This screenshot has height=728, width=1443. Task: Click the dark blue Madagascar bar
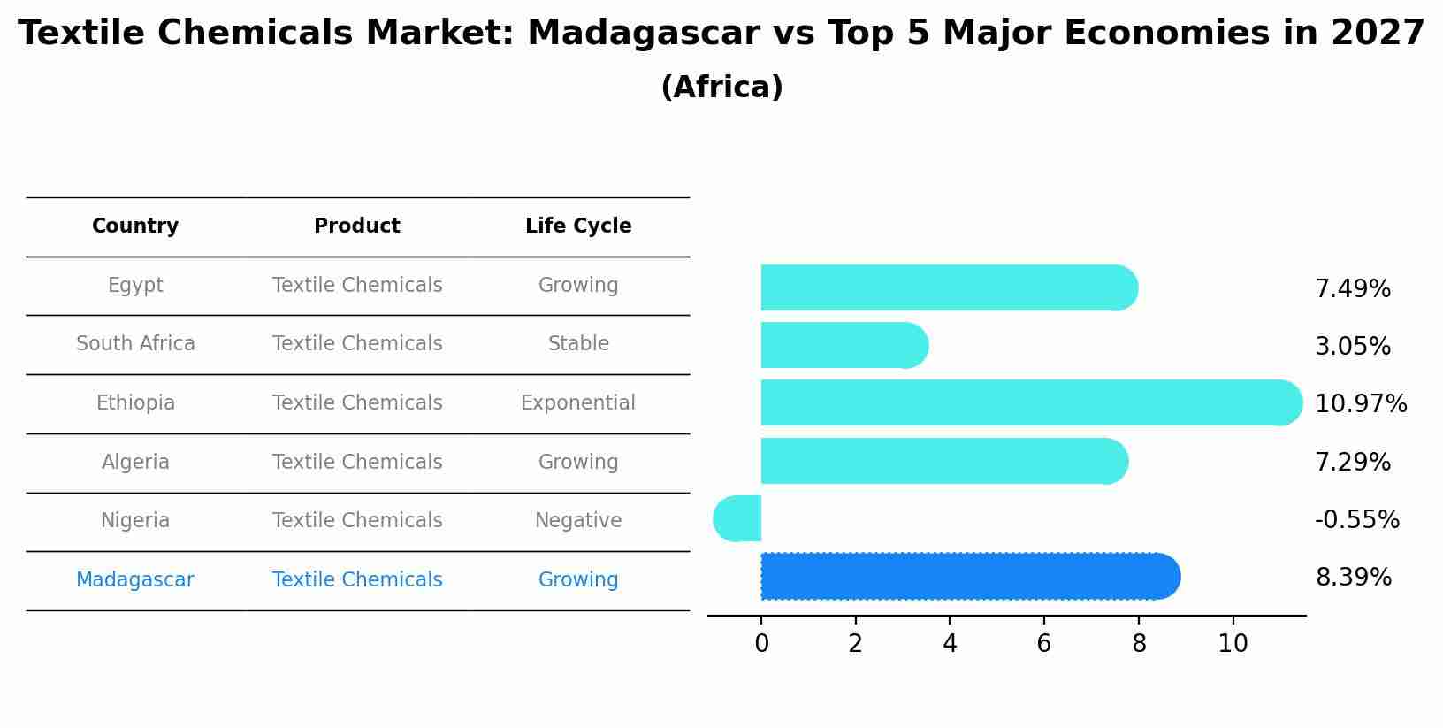pyautogui.click(x=968, y=577)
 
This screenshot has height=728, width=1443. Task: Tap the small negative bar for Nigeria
pyautogui.click(x=738, y=518)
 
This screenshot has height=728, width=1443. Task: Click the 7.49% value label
pyautogui.click(x=1352, y=289)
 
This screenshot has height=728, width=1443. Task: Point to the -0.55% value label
pyautogui.click(x=1356, y=520)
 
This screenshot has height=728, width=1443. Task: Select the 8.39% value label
pyautogui.click(x=1353, y=578)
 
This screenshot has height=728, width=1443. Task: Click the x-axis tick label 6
pyautogui.click(x=1044, y=644)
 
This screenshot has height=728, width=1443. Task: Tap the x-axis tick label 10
pyautogui.click(x=1233, y=644)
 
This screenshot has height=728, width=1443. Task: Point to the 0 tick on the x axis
pyautogui.click(x=761, y=644)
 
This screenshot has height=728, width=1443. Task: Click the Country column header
pyautogui.click(x=135, y=226)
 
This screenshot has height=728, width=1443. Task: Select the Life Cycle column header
pyautogui.click(x=578, y=226)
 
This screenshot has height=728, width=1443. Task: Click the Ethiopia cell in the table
pyautogui.click(x=135, y=403)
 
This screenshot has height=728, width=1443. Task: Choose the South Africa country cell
pyautogui.click(x=135, y=344)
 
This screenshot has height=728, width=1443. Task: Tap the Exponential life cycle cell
pyautogui.click(x=578, y=403)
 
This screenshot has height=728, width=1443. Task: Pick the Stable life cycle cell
pyautogui.click(x=578, y=344)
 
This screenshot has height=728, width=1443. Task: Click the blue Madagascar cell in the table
pyautogui.click(x=135, y=580)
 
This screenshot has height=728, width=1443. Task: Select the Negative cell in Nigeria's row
pyautogui.click(x=578, y=521)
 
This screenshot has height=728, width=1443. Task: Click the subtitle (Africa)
pyautogui.click(x=721, y=88)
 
